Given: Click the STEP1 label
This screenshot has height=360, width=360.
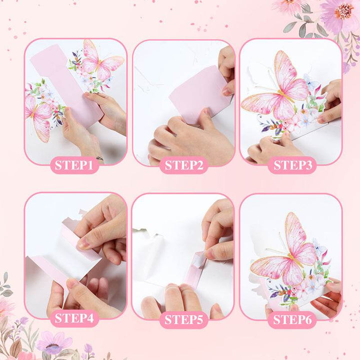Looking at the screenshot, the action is (74, 165).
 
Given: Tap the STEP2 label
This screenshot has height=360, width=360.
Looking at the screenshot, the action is (184, 165).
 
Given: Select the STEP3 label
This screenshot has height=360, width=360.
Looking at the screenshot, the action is (292, 165).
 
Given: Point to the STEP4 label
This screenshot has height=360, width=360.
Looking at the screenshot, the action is (74, 318).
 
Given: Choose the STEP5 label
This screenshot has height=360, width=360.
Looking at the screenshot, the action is (183, 319).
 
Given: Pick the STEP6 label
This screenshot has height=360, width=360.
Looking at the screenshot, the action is (292, 319).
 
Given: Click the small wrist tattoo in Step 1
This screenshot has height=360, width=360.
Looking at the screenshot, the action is (99, 158).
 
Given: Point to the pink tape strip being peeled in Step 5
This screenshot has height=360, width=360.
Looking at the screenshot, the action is (194, 268).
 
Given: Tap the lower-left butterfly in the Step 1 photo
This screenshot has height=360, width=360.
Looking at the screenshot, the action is (38, 117).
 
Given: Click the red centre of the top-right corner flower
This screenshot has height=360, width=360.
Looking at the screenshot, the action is (344, 11).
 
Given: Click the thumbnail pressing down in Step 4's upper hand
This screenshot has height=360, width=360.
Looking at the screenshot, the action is (83, 244).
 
